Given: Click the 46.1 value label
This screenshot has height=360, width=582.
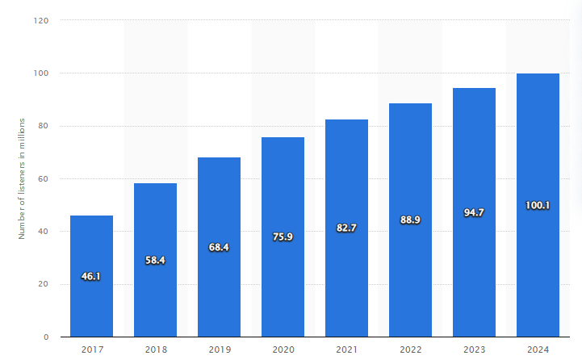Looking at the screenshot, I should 91,277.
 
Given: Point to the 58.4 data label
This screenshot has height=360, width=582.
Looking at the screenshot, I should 155,261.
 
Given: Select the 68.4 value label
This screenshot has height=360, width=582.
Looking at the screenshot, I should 219,247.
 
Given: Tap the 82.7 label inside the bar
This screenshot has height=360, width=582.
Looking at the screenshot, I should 346,228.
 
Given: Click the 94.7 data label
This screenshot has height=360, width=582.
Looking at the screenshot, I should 474,213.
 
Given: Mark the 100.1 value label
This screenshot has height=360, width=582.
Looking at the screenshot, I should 538,206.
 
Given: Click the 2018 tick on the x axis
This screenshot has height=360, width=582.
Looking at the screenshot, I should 155,350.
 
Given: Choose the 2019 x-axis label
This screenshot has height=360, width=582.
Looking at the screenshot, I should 219,350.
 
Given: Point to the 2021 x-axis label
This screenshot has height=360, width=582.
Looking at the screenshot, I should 346,350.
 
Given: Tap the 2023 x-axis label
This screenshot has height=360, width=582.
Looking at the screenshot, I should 474,350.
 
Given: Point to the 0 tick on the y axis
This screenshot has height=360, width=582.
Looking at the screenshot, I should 47,337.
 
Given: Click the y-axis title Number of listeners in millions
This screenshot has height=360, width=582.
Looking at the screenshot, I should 23,178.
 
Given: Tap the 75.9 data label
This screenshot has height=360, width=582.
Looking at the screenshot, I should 283,237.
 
